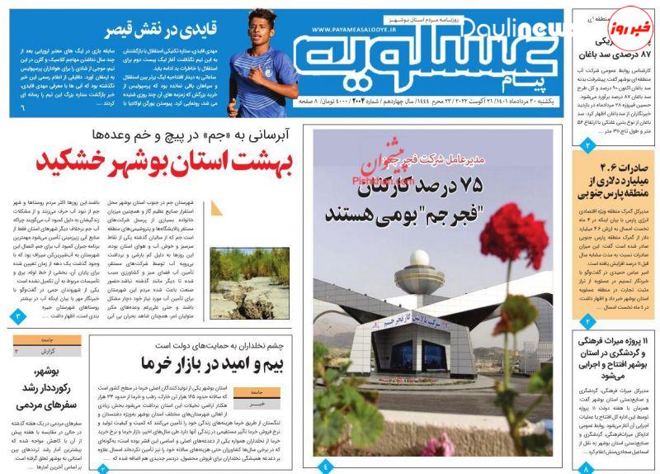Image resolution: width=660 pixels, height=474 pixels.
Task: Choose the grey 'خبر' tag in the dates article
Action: coord(257,405)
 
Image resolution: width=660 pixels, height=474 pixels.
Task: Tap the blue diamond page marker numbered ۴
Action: coord(324,467)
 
